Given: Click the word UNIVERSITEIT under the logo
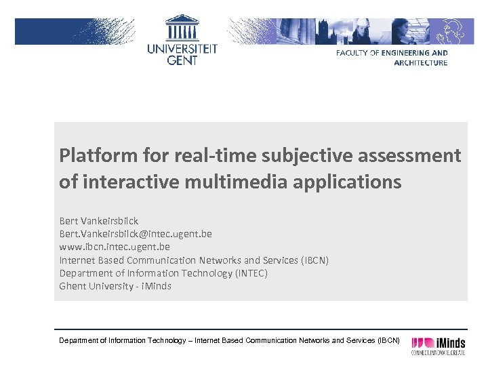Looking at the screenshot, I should pos(182,49).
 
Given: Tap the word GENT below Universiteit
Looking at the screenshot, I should pos(182,60).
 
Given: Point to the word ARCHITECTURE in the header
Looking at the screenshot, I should pos(421,63).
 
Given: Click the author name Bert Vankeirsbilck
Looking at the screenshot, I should pos(99,221).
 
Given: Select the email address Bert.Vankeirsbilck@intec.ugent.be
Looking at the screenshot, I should pos(136,234).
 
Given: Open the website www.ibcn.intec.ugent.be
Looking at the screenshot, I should pos(115,247).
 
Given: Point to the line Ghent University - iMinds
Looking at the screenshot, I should pos(115,286).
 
